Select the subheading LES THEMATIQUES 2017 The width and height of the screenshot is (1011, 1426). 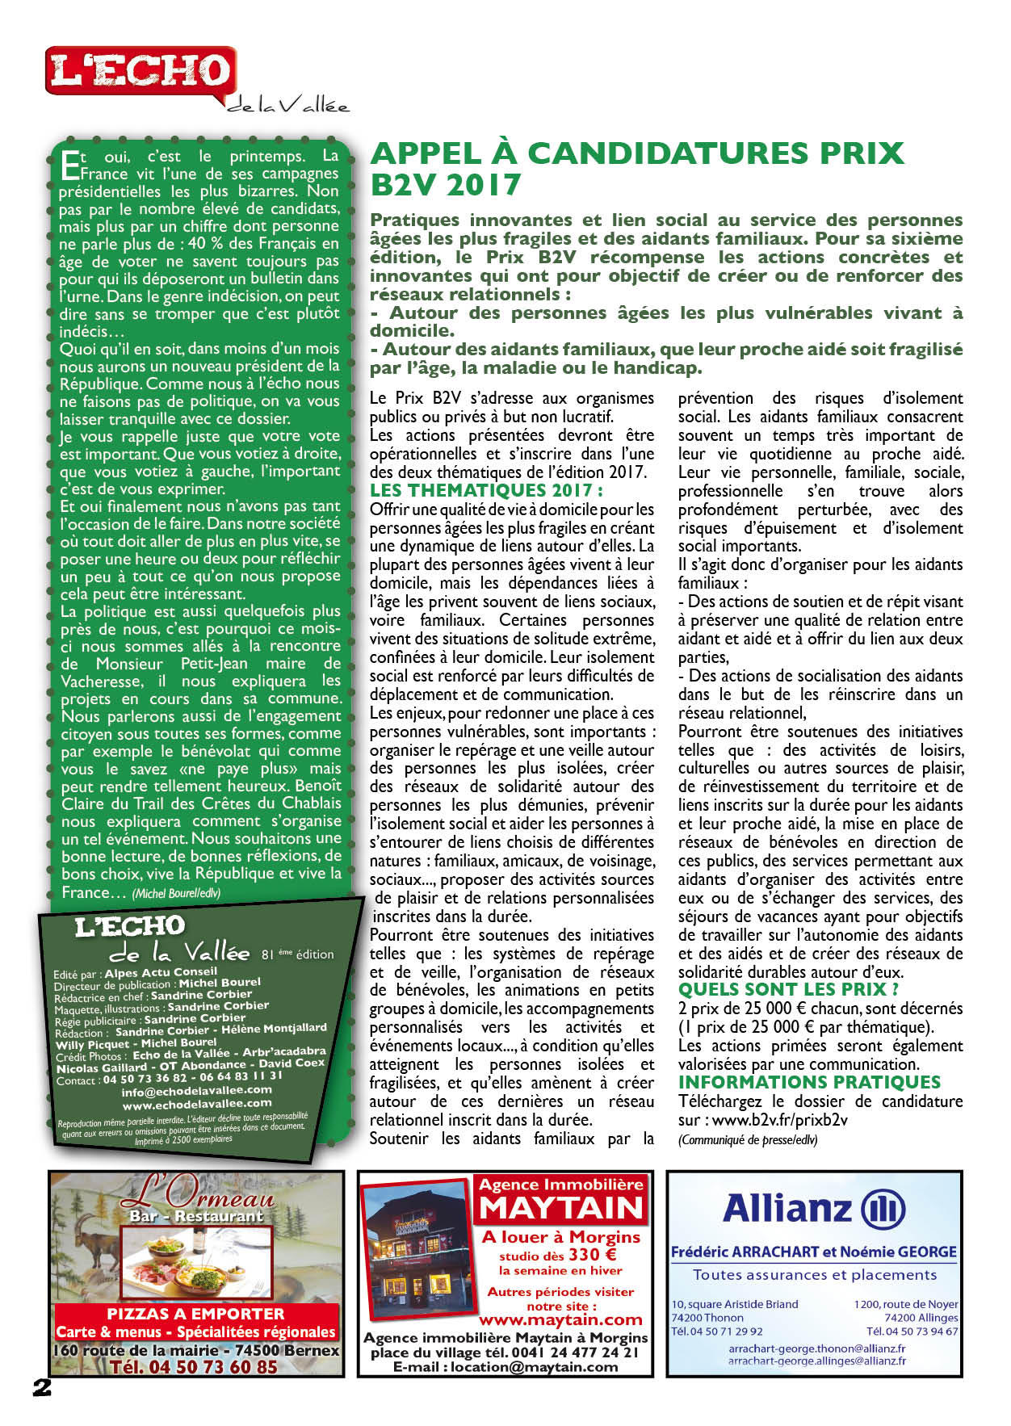click(x=486, y=490)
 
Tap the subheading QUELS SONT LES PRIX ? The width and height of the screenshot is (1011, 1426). click(x=788, y=989)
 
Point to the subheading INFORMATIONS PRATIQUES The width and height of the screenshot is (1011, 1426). click(x=809, y=1082)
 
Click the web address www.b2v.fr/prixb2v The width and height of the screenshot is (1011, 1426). click(x=779, y=1120)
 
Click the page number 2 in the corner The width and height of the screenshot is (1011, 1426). click(x=42, y=1387)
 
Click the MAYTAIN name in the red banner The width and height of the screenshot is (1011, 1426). click(x=561, y=1209)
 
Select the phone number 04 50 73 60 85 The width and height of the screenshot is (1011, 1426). click(x=194, y=1367)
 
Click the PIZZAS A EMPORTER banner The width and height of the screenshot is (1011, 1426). click(x=196, y=1314)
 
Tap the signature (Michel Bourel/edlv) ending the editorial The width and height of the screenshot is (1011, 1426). click(x=176, y=893)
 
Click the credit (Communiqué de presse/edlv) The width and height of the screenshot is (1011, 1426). click(x=748, y=1139)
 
